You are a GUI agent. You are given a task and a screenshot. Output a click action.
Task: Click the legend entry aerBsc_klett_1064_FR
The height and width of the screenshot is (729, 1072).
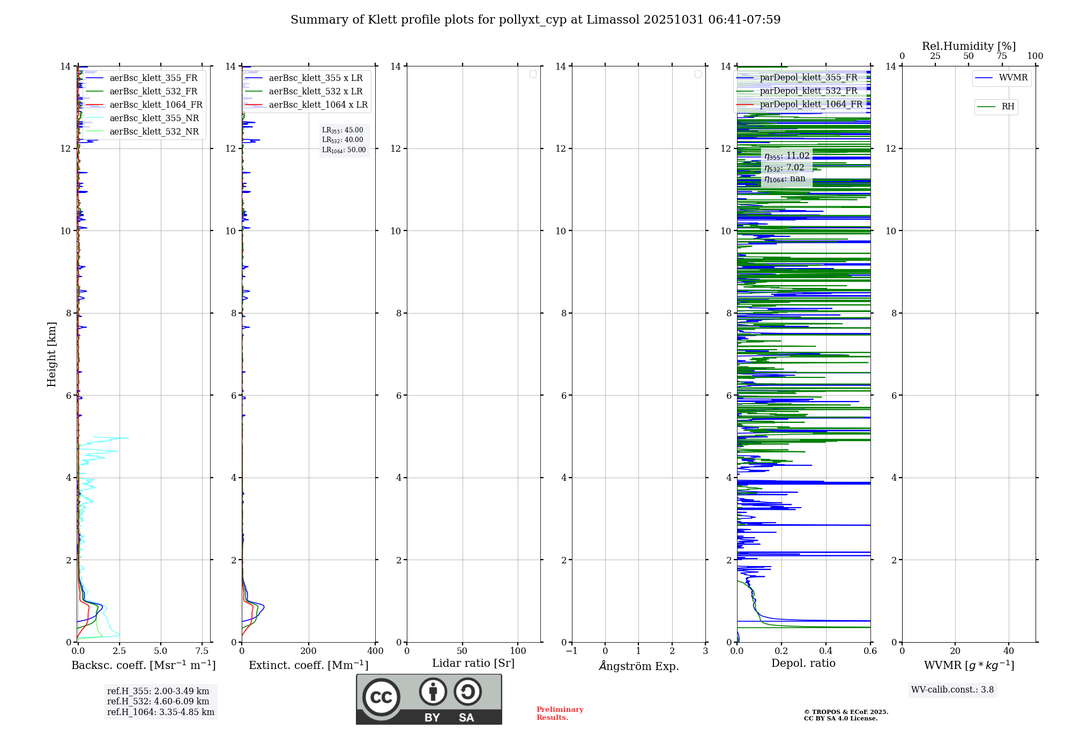[155, 105]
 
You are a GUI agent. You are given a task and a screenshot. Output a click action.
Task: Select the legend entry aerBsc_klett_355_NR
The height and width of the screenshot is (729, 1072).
[154, 118]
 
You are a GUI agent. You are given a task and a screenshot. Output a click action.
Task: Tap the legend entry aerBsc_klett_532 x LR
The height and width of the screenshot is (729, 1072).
[315, 92]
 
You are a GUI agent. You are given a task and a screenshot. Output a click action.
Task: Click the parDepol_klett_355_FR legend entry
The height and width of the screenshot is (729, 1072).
[808, 78]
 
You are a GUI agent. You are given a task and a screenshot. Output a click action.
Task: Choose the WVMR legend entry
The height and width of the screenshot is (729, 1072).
[1013, 78]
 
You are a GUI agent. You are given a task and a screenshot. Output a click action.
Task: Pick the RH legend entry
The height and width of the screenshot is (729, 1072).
[1007, 107]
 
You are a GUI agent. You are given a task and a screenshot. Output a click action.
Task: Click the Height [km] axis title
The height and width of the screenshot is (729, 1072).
[51, 354]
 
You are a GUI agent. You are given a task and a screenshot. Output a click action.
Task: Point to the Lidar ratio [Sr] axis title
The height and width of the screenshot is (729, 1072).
[473, 664]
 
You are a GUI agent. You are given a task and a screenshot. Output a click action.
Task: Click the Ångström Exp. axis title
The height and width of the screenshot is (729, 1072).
[638, 666]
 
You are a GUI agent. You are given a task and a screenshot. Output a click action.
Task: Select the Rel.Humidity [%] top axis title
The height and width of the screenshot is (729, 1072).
[969, 46]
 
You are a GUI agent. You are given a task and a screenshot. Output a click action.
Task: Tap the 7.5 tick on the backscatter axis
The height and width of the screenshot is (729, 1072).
[202, 651]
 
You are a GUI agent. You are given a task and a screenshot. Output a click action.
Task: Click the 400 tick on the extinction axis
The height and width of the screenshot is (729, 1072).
[375, 651]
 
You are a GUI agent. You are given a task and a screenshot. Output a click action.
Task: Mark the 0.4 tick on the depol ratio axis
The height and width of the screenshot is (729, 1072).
[825, 651]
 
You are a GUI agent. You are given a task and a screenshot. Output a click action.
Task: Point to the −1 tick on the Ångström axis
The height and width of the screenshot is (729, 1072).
[571, 651]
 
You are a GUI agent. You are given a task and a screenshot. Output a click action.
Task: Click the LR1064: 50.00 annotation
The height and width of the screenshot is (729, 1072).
[344, 150]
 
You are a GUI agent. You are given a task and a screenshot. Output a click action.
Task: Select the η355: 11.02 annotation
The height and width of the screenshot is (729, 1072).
[786, 156]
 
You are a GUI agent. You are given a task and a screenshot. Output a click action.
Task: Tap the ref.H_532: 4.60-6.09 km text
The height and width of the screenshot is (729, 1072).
[158, 702]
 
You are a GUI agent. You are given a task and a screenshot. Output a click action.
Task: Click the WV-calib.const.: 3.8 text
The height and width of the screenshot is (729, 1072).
[952, 690]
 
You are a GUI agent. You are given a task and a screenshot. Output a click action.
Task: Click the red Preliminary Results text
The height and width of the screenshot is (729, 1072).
[560, 713]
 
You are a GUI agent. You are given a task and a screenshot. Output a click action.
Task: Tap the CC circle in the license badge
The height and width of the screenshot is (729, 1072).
[381, 697]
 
